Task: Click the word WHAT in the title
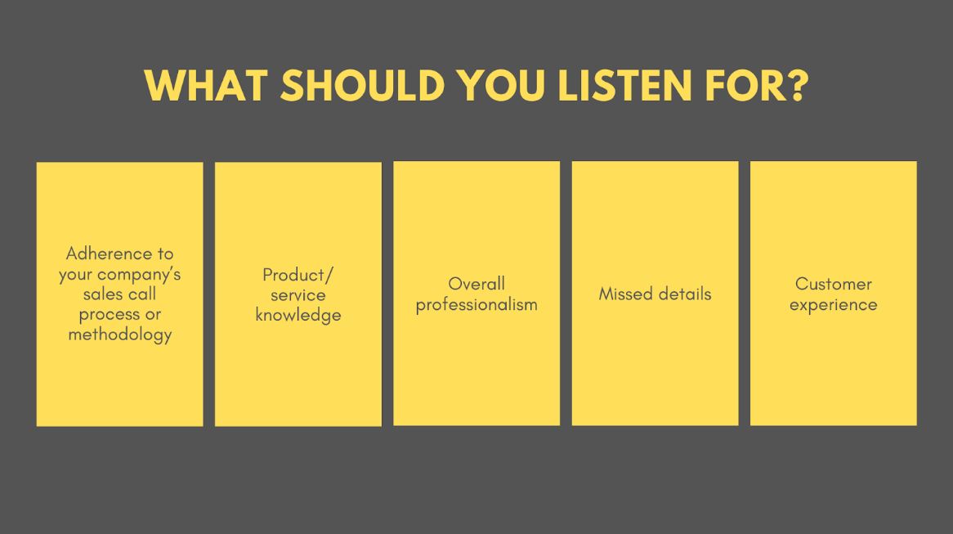206,86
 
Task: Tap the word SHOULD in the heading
362,86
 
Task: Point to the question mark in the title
795,85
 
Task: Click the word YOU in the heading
501,86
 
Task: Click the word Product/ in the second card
298,276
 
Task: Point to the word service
298,295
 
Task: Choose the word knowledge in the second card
298,316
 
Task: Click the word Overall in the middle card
476,284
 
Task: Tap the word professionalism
476,305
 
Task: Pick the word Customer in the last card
834,284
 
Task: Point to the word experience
834,305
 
